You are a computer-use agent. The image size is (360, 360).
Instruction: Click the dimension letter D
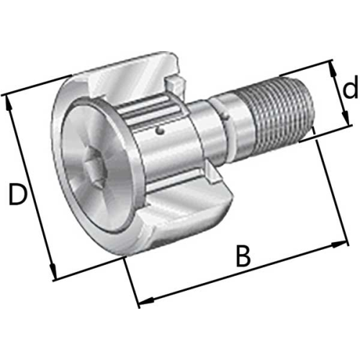point(17,194)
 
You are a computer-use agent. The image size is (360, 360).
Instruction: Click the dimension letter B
point(243,256)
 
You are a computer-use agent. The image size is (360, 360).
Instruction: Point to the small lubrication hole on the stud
point(159,131)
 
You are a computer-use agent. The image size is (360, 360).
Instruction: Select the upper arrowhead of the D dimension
point(8,103)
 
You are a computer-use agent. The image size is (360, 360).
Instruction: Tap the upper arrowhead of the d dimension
point(333,69)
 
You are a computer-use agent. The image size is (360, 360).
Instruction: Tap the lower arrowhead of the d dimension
point(345,117)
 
